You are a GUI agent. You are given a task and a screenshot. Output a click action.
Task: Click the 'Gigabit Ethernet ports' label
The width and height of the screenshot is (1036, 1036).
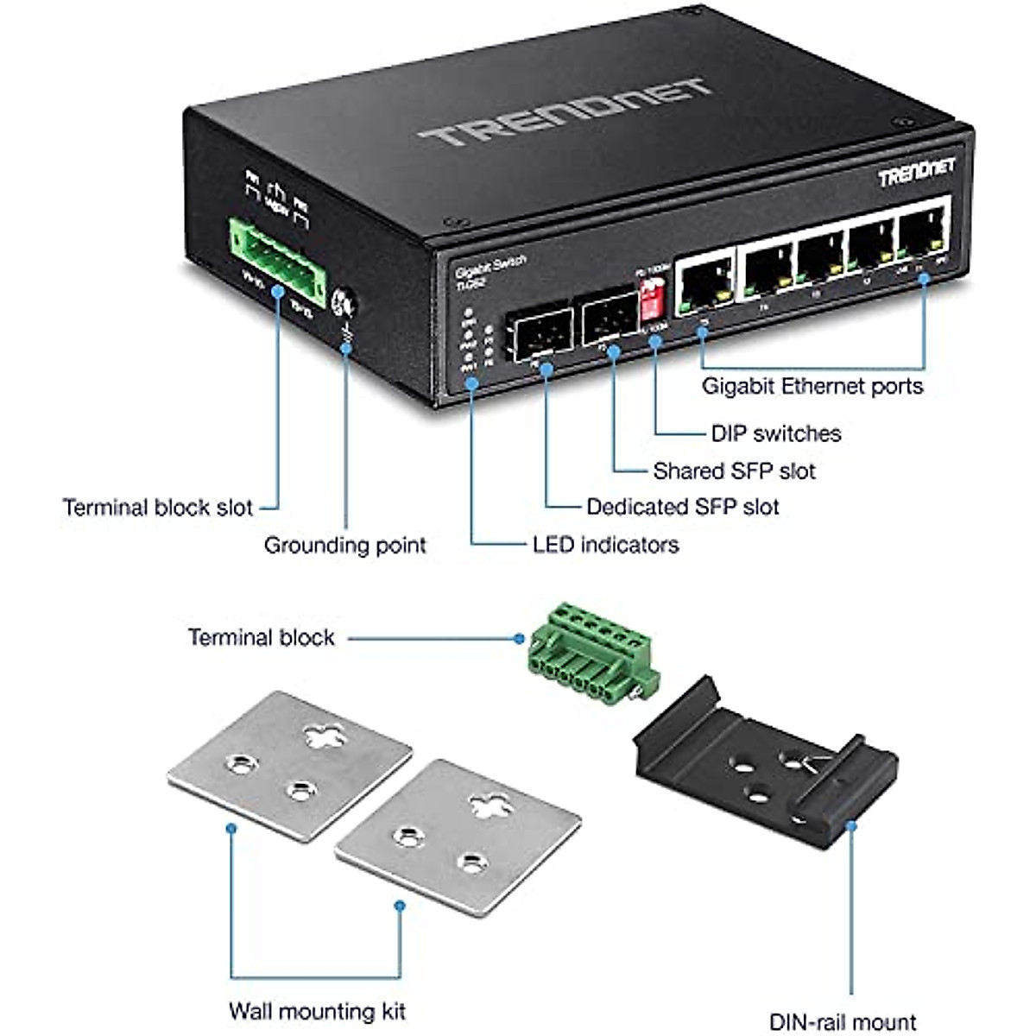[x=812, y=386]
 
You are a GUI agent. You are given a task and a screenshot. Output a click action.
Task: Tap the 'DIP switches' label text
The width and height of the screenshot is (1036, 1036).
[x=775, y=433]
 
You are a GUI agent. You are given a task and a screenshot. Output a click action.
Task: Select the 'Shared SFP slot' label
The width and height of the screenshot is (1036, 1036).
[x=734, y=471]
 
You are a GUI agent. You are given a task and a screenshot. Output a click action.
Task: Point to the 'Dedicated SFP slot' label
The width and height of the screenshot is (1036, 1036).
[x=682, y=507]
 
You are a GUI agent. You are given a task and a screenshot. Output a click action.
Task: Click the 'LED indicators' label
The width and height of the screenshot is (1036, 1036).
[x=605, y=545]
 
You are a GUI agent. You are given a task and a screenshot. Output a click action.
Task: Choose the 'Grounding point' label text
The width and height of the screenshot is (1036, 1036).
[x=344, y=546]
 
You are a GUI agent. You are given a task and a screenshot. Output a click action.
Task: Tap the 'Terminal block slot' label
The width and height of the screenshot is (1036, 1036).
[x=158, y=508]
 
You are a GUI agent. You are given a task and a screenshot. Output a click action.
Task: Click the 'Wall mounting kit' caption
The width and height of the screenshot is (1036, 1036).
[x=317, y=1011]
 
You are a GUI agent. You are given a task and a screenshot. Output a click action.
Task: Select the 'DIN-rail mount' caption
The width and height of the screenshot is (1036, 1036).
[x=843, y=1022]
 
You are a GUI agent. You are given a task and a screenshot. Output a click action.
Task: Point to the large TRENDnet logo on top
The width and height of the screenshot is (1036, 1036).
[x=565, y=112]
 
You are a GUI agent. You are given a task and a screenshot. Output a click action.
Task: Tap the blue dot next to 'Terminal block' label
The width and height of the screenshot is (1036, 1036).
[x=519, y=639]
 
